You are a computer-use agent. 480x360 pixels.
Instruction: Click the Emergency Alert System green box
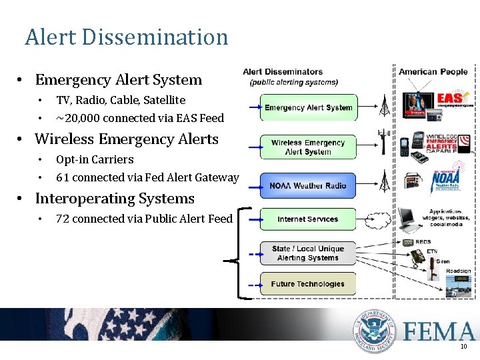click(x=308, y=107)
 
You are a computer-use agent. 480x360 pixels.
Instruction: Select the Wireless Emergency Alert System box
click(x=308, y=147)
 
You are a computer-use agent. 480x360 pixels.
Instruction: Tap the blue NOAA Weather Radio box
click(x=308, y=185)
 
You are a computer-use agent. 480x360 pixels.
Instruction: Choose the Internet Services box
click(x=308, y=219)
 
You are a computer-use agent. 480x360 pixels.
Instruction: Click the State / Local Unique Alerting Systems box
click(x=308, y=253)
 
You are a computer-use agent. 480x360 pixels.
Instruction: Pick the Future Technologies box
click(x=308, y=284)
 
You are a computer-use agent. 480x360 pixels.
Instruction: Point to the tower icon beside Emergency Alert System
click(x=384, y=105)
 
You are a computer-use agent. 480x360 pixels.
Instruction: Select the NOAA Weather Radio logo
click(x=444, y=180)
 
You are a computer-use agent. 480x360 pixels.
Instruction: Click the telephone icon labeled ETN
click(x=418, y=257)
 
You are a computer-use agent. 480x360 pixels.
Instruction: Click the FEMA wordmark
click(x=437, y=331)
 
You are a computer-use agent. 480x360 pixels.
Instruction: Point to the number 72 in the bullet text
click(x=63, y=219)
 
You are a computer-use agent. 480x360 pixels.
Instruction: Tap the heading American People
click(x=433, y=72)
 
